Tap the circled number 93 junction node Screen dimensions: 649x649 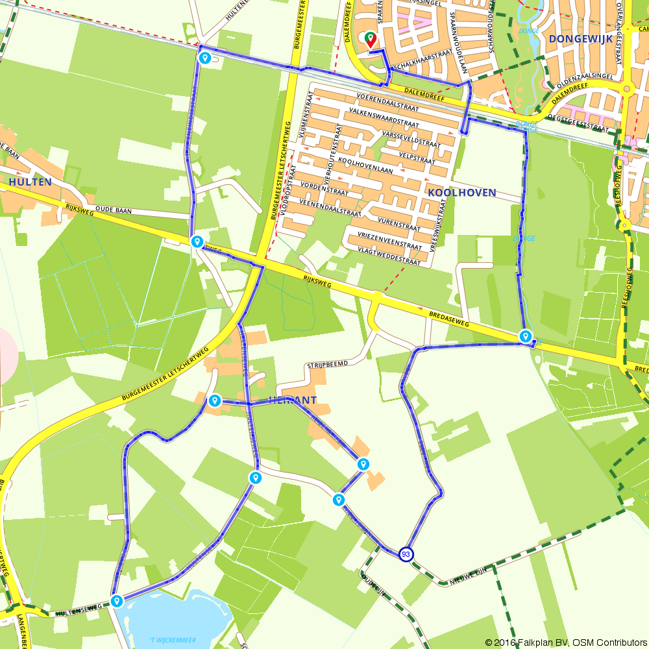[406, 554]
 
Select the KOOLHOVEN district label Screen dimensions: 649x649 [461, 193]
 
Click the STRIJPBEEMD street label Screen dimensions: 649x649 [328, 364]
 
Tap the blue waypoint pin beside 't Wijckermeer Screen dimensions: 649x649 [117, 600]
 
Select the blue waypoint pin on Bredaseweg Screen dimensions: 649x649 [525, 336]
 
